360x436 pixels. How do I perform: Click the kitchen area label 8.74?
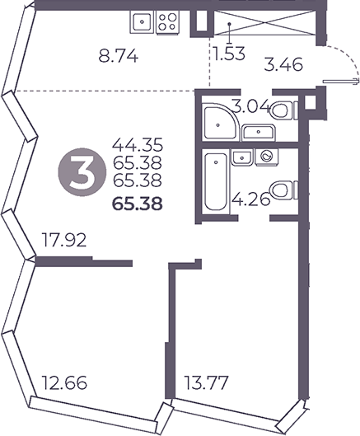coord(118,57)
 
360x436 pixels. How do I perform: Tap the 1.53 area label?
coord(229,54)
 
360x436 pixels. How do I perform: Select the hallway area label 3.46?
coord(283,66)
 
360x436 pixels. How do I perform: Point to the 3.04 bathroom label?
coord(251,106)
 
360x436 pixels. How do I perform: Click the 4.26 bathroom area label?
coord(251,199)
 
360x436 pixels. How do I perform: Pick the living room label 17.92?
coord(63,240)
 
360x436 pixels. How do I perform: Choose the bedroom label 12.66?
coord(64,382)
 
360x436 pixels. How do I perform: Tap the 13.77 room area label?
coord(207,382)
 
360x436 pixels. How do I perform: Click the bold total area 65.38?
coord(137,204)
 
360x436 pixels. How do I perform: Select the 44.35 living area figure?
coord(137,144)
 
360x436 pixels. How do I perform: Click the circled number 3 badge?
coord(82,173)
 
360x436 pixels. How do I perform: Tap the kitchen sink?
coord(142,22)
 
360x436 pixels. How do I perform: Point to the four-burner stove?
coord(167,22)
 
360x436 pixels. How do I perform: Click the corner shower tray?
coord(222,121)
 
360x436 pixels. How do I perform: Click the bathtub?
coord(216,182)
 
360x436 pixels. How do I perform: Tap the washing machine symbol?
coord(266,157)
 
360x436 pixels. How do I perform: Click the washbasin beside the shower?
coord(259,133)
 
